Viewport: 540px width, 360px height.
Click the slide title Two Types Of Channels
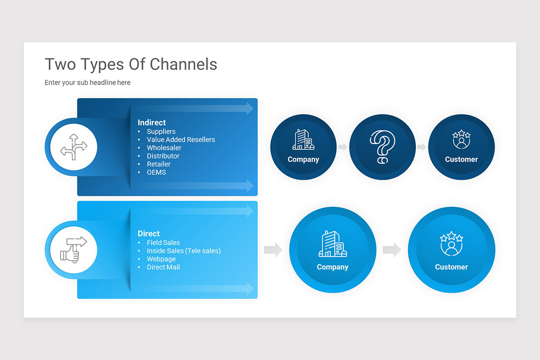pos(130,64)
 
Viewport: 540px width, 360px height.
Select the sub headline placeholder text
pos(87,83)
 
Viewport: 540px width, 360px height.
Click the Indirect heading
pos(152,122)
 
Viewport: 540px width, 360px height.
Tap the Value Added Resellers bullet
pos(180,139)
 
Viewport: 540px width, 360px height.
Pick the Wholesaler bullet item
pos(164,148)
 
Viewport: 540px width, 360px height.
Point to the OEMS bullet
pos(156,172)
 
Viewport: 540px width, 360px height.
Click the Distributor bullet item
pos(163,156)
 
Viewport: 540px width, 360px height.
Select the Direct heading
pos(148,234)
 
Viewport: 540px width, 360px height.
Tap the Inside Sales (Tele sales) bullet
pos(184,251)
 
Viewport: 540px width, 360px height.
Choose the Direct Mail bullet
pos(163,267)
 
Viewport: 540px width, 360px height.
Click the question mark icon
pos(382,147)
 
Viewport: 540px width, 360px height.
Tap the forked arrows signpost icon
pos(73,147)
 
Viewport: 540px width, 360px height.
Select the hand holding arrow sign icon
pos(73,249)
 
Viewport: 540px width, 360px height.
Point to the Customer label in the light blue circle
pos(451,267)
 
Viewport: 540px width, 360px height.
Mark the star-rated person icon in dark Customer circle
pos(461,139)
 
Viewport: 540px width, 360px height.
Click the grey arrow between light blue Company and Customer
pos(391,250)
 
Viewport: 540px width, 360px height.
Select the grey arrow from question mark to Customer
pos(422,147)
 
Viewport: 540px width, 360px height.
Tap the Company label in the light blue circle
pos(333,267)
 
